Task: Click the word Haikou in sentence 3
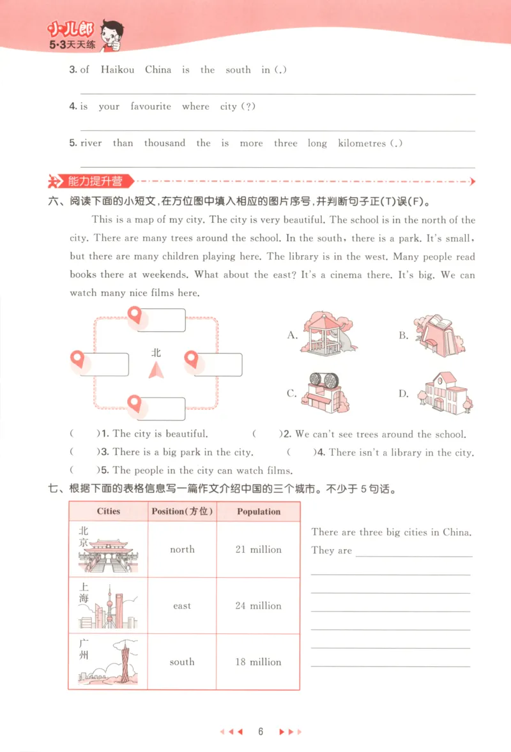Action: (118, 70)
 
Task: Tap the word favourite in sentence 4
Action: (151, 107)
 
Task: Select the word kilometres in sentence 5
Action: (362, 144)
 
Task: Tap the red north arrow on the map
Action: (156, 370)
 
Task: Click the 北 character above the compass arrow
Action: (156, 352)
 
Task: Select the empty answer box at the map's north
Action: (162, 320)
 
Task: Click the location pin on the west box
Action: (77, 359)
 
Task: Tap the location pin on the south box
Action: (134, 403)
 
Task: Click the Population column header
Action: (258, 511)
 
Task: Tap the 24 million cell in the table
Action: (258, 606)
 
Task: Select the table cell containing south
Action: (182, 662)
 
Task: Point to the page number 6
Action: (261, 732)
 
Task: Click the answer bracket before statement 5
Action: (84, 470)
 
